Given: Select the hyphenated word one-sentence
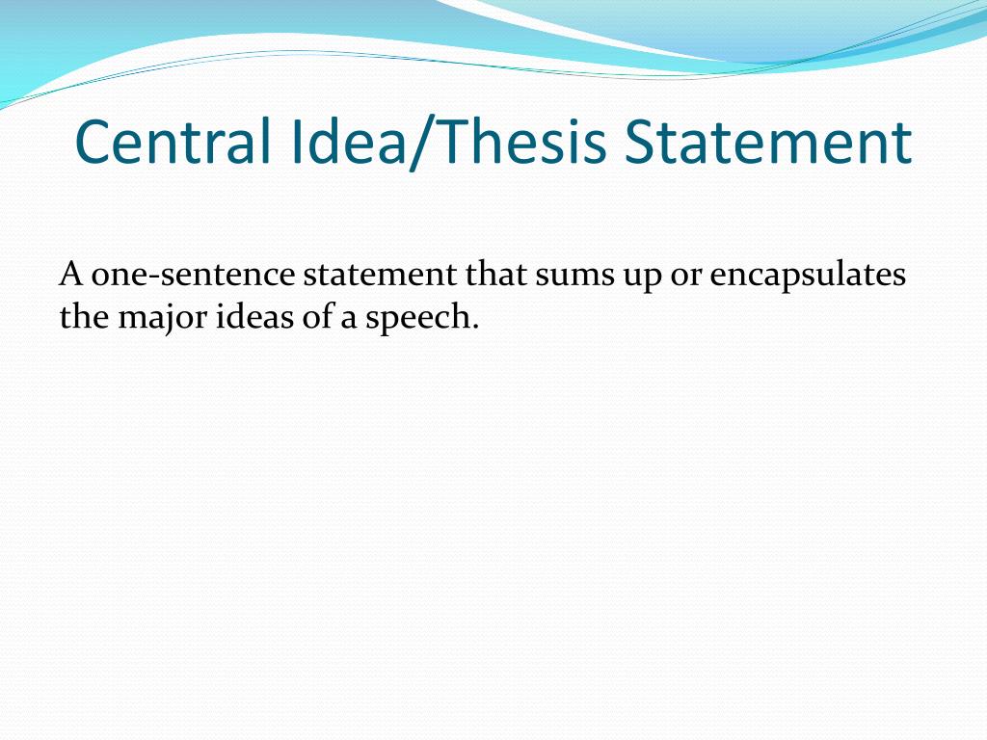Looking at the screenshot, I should coord(193,275).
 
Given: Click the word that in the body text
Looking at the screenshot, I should coord(497,275).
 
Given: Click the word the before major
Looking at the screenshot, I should coord(84,317).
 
